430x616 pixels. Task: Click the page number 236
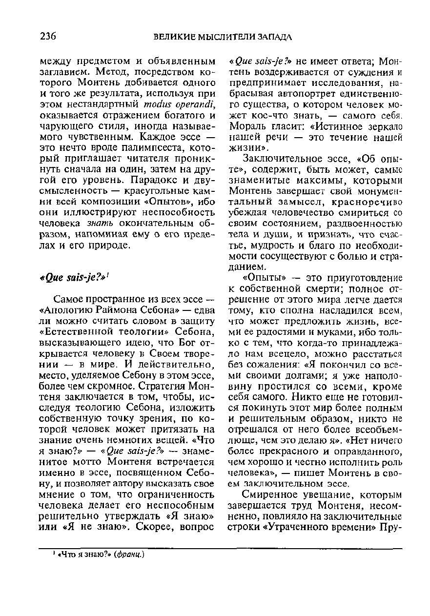(x=48, y=36)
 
